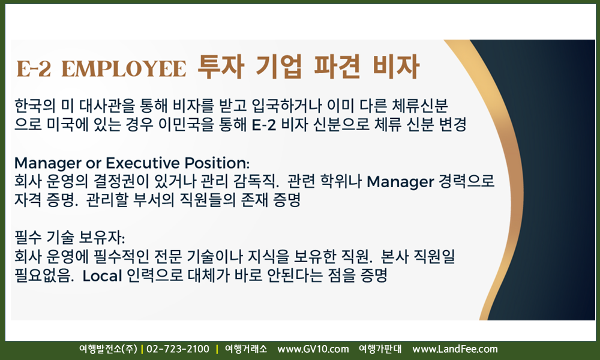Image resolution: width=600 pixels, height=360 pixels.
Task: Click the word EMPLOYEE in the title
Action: coord(124,69)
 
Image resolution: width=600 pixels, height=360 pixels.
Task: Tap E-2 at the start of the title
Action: coord(34,69)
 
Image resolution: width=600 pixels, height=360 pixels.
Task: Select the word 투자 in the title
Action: coord(221,67)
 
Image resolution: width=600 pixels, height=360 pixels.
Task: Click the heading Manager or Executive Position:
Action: coord(131,163)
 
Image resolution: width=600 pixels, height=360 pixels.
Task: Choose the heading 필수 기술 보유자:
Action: coord(70,238)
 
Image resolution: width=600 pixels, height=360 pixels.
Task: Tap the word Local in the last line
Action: coord(102,275)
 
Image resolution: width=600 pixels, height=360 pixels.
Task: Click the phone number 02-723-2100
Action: coord(178,349)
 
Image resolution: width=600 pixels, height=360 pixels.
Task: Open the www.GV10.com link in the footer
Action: coord(313,349)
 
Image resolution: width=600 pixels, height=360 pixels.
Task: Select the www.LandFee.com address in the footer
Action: coord(455,349)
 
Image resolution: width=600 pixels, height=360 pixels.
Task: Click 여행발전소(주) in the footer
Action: coord(108,349)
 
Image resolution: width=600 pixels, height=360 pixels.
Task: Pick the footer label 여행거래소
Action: coord(245,349)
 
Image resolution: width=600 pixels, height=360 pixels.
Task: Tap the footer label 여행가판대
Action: coord(380,349)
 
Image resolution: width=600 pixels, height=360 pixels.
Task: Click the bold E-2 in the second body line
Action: coord(264,125)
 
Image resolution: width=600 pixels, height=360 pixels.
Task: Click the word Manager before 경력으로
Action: coord(401,182)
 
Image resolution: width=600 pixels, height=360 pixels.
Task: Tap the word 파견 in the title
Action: coord(337,67)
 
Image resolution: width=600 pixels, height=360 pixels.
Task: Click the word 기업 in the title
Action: coord(278,67)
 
